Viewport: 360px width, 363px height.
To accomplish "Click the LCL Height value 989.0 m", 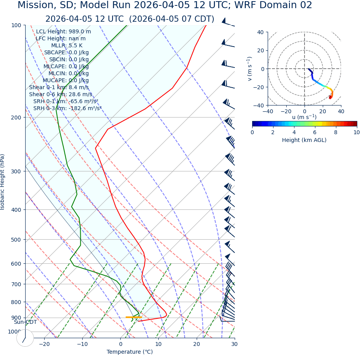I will (x=80, y=32).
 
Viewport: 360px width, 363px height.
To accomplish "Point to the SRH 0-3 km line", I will (x=67, y=109).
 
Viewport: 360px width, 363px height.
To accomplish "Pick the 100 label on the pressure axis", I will (x=16, y=25).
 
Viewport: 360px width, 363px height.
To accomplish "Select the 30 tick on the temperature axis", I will (x=234, y=344).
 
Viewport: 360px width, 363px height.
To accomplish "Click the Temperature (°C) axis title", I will (x=130, y=352).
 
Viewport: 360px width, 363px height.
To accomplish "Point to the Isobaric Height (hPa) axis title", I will (x=3, y=182).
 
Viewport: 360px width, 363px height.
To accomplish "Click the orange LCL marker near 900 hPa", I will (x=133, y=317).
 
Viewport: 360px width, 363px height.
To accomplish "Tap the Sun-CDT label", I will (x=25, y=322).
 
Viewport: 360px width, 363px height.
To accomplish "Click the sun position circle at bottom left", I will (x=25, y=338).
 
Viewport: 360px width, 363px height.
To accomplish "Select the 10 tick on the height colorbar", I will (x=357, y=132).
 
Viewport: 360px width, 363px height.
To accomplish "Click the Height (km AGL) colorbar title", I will (x=304, y=140).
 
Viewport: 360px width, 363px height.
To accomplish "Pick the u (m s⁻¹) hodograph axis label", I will (x=304, y=117).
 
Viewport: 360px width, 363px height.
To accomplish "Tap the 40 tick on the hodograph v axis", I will (x=260, y=32).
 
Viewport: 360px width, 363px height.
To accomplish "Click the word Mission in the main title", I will (x=35, y=5).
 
